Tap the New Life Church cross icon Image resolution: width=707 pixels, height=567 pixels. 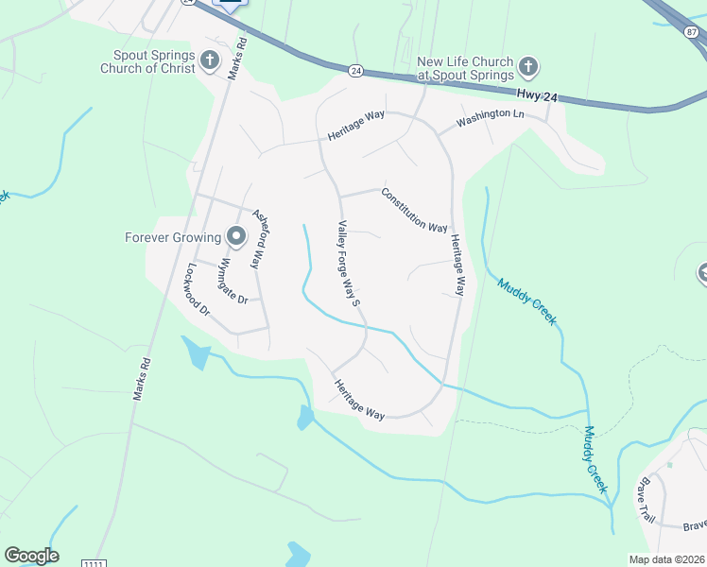coord(528,67)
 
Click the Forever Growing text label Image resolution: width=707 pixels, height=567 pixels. coord(172,237)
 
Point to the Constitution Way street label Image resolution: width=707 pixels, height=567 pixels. coord(414,210)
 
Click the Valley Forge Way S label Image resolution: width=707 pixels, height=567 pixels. coord(349,264)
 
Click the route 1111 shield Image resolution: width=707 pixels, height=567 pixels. coord(93,563)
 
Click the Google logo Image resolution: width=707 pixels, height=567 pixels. coord(31,556)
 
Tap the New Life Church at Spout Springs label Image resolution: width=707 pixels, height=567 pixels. coord(465,68)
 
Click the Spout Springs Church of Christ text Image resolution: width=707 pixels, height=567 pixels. coord(154,61)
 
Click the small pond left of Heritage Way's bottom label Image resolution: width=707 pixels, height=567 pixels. coord(305,417)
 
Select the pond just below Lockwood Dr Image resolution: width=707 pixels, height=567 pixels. coord(198,352)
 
